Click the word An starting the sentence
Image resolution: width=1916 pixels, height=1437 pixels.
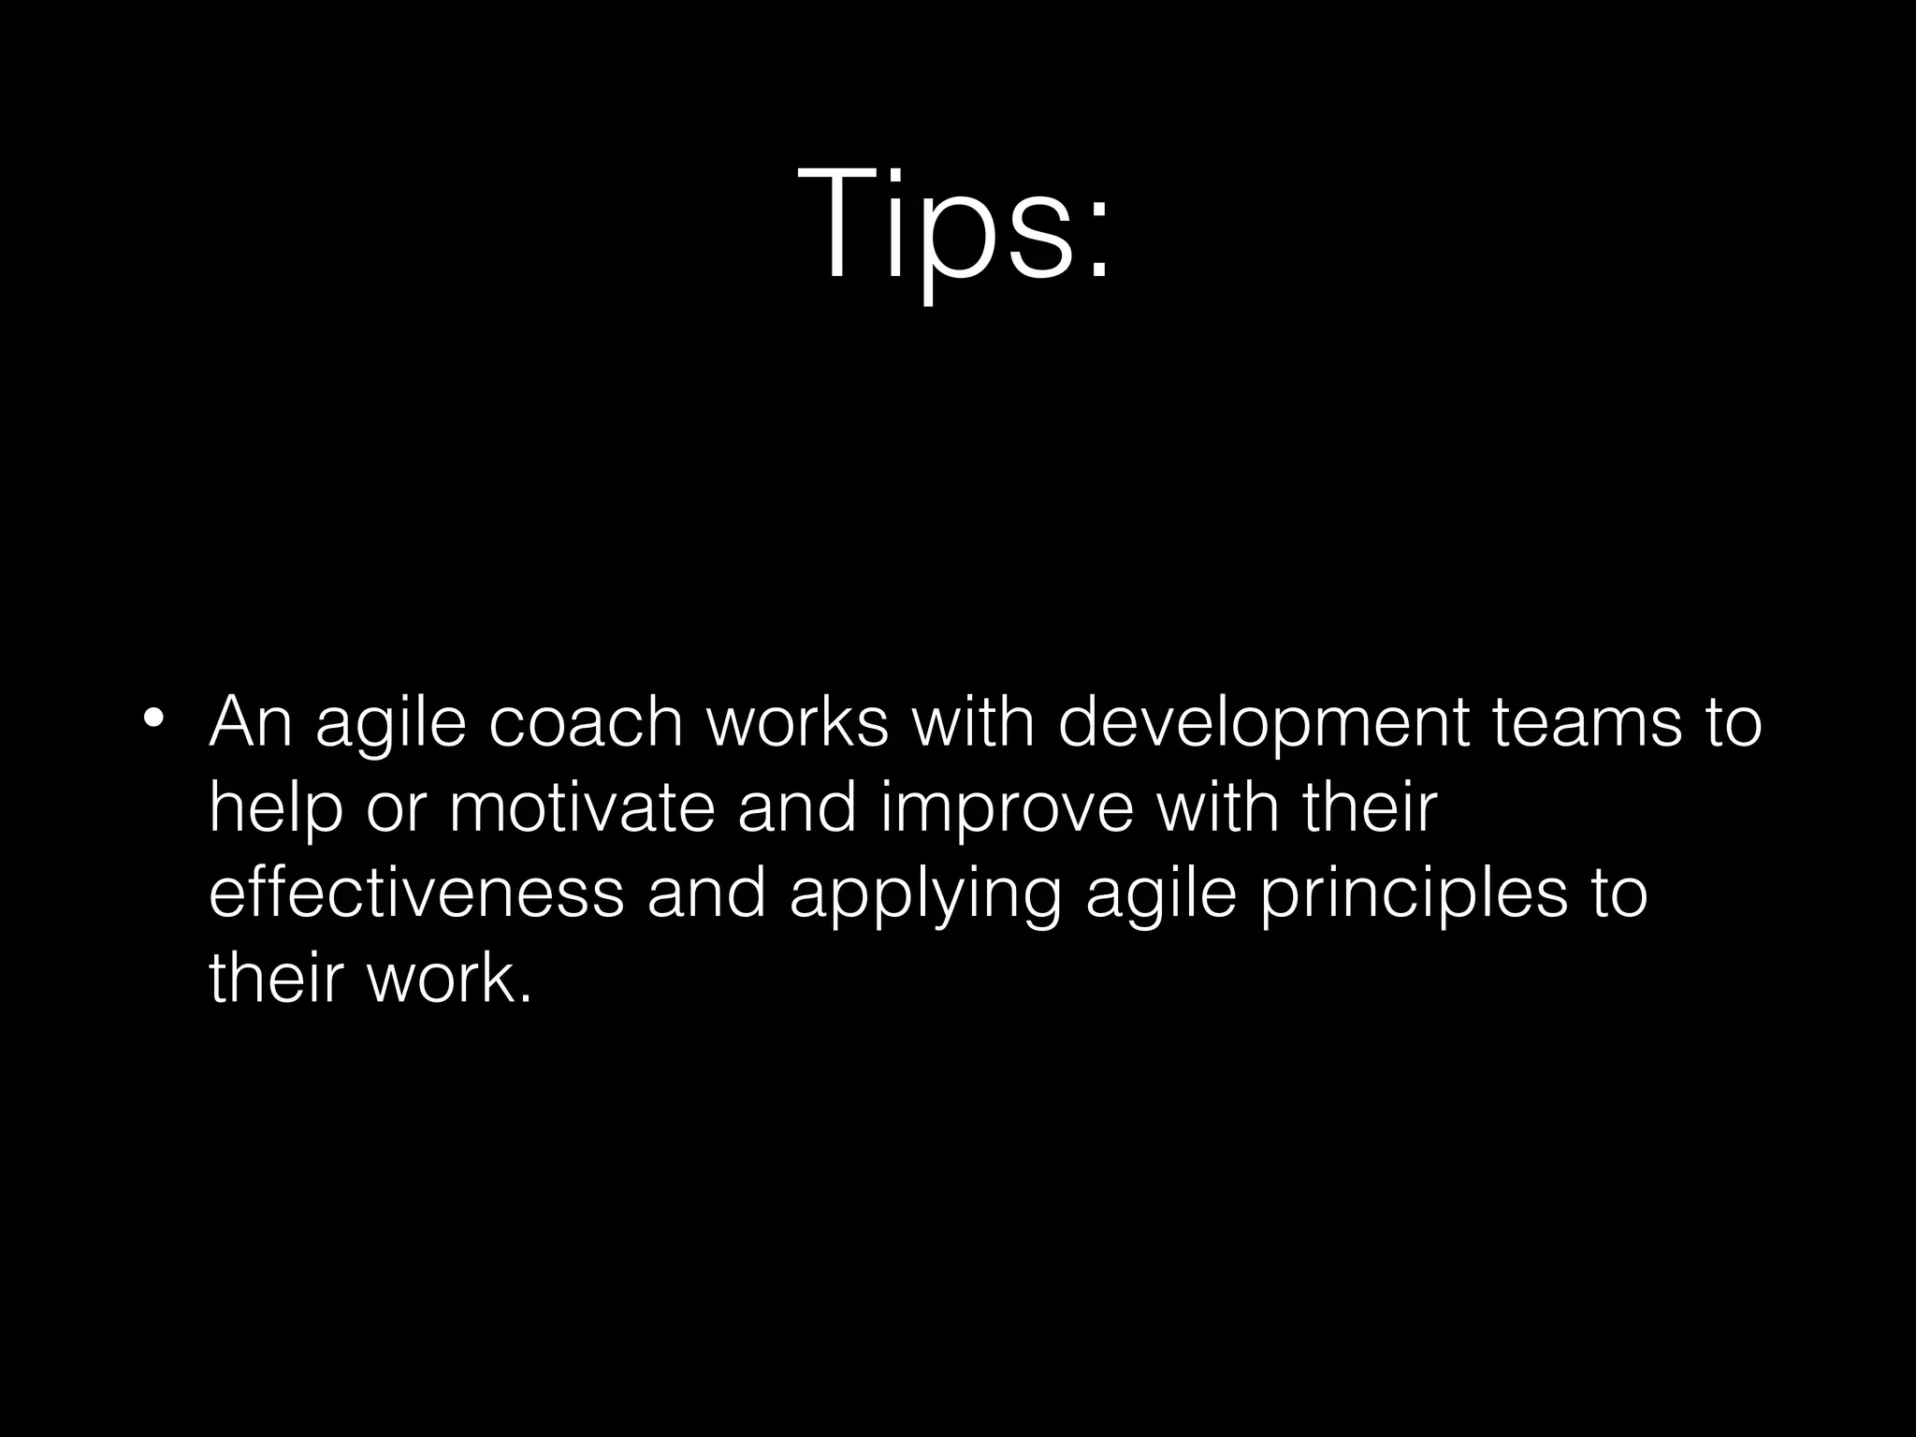tap(250, 722)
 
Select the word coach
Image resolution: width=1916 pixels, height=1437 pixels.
tap(586, 722)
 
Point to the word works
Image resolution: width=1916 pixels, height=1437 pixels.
tap(796, 722)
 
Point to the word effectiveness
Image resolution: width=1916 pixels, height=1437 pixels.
tap(415, 893)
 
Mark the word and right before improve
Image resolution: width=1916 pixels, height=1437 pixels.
tap(797, 808)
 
